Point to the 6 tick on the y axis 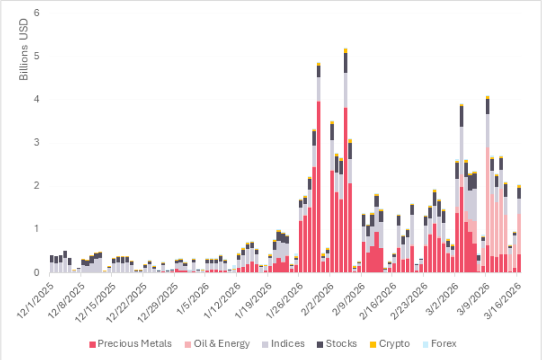pyautogui.click(x=37, y=13)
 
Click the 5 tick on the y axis pyautogui.click(x=37, y=56)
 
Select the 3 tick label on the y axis pyautogui.click(x=37, y=143)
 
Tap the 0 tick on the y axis pyautogui.click(x=37, y=273)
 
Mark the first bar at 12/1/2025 pyautogui.click(x=51, y=264)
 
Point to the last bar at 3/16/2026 pyautogui.click(x=519, y=229)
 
